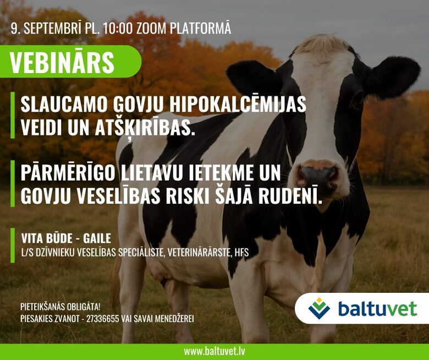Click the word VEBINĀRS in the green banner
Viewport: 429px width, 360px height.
[62, 62]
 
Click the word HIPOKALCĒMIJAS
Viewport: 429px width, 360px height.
[238, 104]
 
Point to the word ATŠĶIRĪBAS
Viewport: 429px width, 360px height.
[145, 128]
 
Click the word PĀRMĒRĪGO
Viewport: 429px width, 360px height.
[68, 172]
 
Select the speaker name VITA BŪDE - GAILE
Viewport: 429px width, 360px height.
[66, 238]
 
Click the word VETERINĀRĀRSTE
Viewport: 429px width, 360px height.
[200, 253]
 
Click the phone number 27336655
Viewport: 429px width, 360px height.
[103, 319]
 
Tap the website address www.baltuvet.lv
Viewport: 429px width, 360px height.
[215, 352]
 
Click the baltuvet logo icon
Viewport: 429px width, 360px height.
[319, 309]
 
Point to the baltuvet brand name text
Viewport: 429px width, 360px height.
[377, 309]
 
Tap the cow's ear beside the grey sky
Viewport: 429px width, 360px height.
[393, 77]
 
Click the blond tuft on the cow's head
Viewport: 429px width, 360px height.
[323, 44]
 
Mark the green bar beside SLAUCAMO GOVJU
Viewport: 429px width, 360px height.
[13, 115]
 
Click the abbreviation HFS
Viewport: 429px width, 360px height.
[241, 253]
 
